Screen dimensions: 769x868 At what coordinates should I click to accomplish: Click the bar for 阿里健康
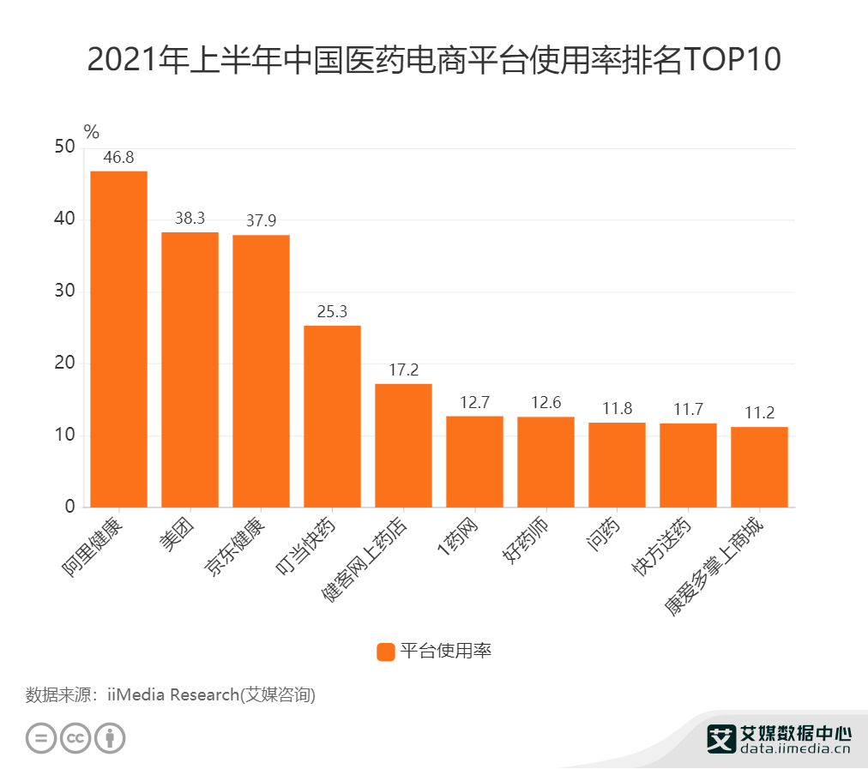(x=118, y=339)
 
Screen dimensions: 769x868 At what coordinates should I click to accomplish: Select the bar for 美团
(x=190, y=369)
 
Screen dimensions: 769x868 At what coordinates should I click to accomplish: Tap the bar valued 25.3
(x=332, y=416)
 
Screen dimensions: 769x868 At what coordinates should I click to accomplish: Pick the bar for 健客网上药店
(x=403, y=445)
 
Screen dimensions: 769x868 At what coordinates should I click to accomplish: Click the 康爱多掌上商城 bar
(x=759, y=466)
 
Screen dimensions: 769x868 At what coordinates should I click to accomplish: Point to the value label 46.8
(x=118, y=158)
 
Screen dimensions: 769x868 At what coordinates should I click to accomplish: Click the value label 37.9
(x=261, y=221)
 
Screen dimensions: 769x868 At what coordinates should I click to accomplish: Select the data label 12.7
(x=474, y=402)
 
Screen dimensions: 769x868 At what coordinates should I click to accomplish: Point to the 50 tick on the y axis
(x=64, y=147)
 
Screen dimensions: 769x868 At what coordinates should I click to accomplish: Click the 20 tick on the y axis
(x=64, y=363)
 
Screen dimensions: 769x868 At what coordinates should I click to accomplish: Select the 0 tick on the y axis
(x=69, y=507)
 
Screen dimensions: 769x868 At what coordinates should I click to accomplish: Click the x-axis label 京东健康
(x=237, y=545)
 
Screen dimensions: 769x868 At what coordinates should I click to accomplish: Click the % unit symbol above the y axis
(x=91, y=131)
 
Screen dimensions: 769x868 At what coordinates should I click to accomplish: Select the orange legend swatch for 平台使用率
(x=386, y=652)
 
